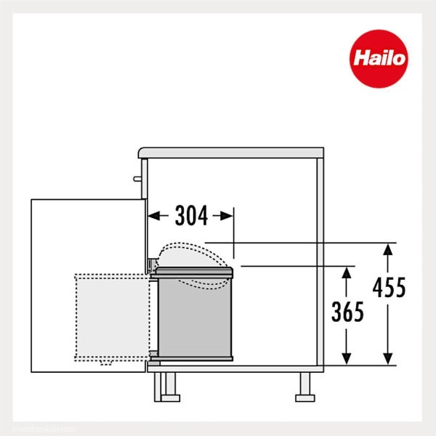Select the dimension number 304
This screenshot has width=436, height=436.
190,216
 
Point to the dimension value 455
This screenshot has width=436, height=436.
389,288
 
